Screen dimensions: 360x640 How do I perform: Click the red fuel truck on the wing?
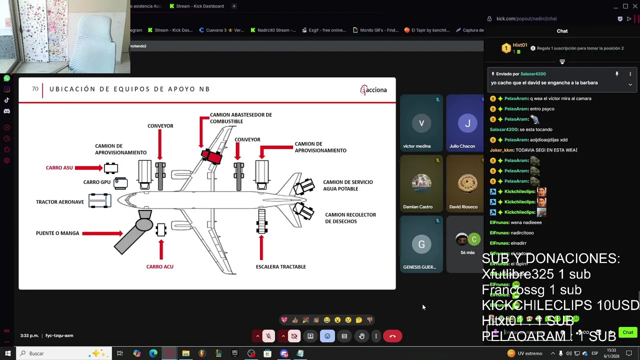click(x=212, y=156)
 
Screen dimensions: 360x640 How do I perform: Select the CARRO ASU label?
click(x=59, y=168)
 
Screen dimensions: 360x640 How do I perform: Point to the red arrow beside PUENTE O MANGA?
click(x=102, y=233)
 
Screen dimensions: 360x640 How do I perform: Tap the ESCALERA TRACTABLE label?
click(x=280, y=267)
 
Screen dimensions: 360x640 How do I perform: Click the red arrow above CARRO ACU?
click(x=161, y=248)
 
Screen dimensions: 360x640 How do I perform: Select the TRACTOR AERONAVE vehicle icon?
click(x=99, y=201)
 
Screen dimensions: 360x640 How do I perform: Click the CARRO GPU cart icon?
click(x=120, y=183)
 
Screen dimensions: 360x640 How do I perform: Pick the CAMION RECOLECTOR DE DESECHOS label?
click(x=350, y=218)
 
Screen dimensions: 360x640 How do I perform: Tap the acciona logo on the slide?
click(x=373, y=90)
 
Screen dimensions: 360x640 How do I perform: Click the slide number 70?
click(x=35, y=89)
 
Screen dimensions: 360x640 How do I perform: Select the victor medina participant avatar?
click(x=421, y=123)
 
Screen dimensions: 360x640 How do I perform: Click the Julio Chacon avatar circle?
click(x=467, y=123)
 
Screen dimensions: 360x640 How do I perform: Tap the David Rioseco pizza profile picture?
click(x=467, y=183)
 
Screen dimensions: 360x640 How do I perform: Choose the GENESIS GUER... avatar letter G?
click(x=421, y=244)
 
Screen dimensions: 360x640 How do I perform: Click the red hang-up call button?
click(x=392, y=336)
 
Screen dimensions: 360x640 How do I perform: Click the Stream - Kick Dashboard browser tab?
click(x=199, y=6)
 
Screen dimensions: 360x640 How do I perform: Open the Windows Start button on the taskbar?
click(x=7, y=353)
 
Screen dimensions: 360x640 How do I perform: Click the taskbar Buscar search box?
click(x=55, y=353)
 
